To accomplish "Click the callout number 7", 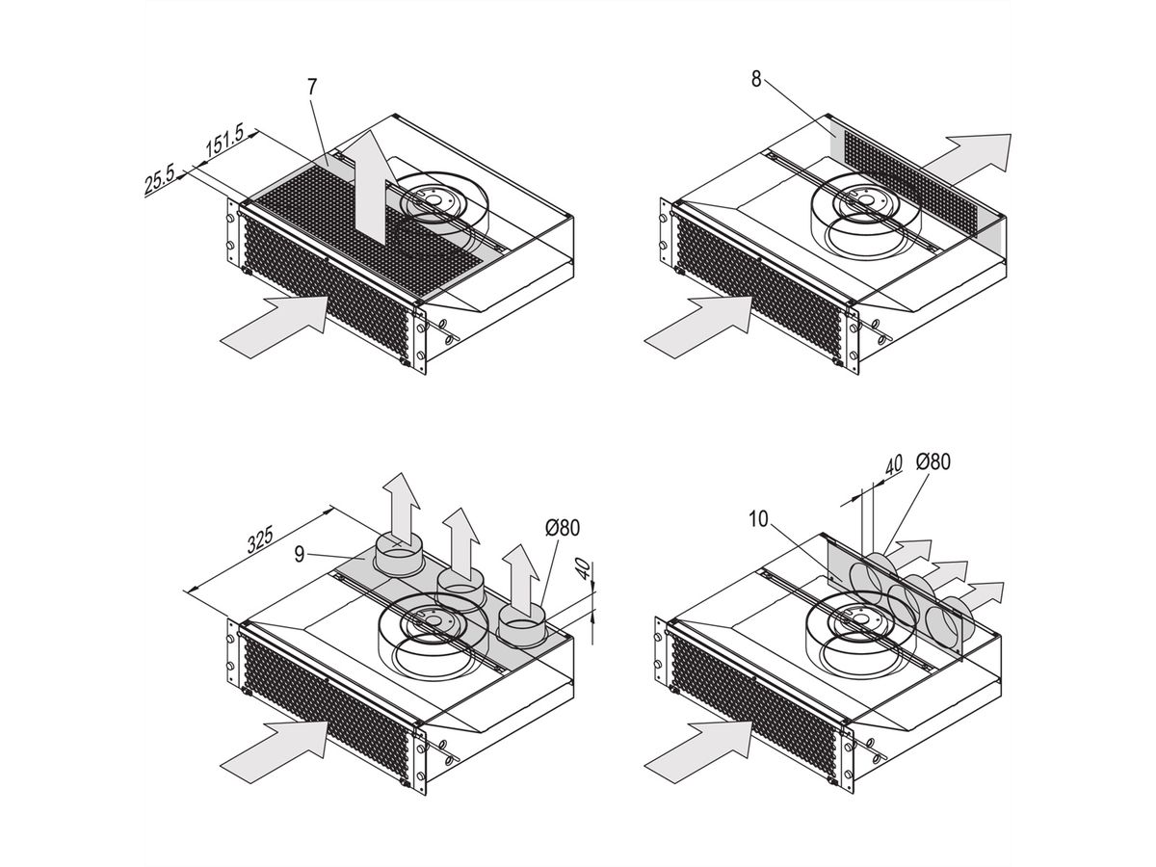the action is pos(312,87).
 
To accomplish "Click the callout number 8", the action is pos(756,79).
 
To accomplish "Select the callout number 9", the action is pos(300,554).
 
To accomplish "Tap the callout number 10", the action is pos(758,519).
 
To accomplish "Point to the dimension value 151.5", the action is pos(224,142).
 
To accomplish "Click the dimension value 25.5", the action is pos(160,181).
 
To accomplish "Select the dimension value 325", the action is pos(260,539).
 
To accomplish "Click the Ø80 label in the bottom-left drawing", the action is pos(563,528).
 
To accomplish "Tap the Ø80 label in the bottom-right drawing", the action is pos(933,461).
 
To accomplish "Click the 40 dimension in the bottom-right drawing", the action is pos(893,465).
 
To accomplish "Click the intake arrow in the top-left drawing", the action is pos(274,327).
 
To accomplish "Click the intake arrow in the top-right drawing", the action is pos(698,327).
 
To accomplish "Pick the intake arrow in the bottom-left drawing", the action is pos(274,751).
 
